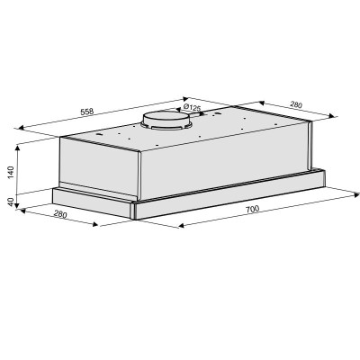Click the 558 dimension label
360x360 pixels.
tap(87, 112)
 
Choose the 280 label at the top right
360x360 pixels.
tap(296, 104)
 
